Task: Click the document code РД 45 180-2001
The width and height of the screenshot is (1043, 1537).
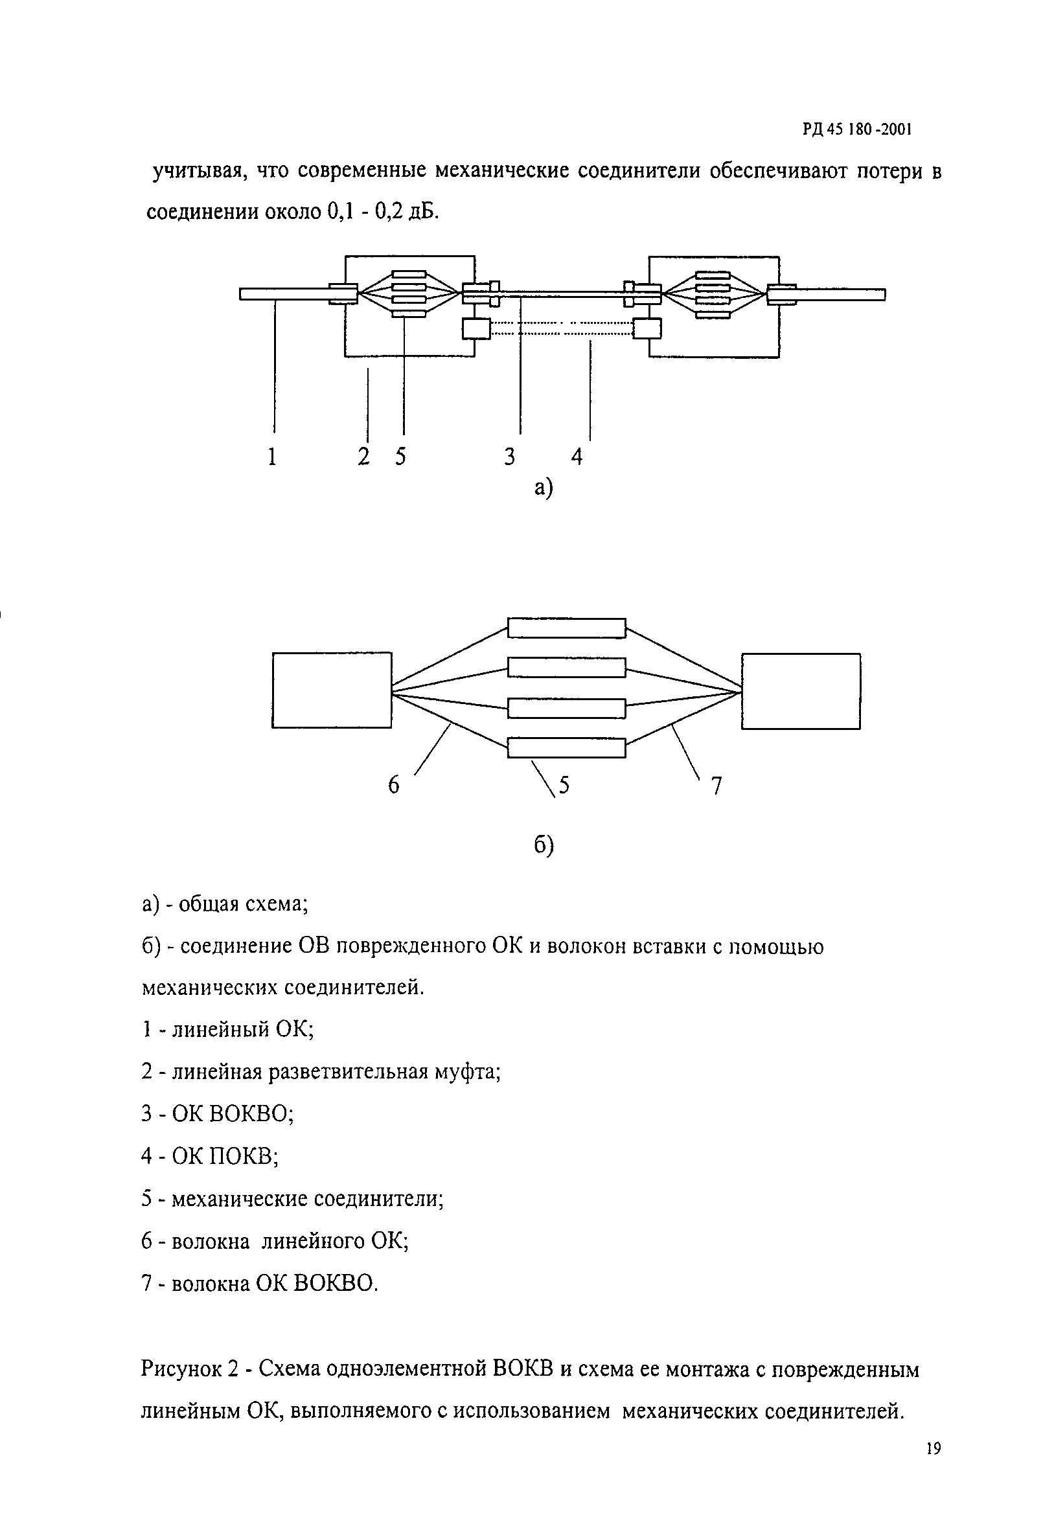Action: [x=857, y=130]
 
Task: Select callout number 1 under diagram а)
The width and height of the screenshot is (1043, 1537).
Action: [x=272, y=457]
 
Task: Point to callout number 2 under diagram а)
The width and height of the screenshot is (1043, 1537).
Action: [x=363, y=457]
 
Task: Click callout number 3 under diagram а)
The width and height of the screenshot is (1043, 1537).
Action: [x=509, y=457]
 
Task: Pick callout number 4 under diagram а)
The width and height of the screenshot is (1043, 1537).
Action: [x=577, y=457]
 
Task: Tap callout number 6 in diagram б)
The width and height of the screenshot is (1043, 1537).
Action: [x=393, y=785]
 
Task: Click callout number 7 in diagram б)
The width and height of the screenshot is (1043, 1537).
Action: [x=716, y=786]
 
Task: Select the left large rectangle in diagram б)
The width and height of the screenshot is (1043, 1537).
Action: [x=331, y=690]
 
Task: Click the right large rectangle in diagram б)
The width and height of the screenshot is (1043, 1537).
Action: [x=800, y=691]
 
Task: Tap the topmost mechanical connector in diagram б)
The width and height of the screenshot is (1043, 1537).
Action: [x=566, y=628]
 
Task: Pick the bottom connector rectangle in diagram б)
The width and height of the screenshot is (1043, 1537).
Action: [x=566, y=747]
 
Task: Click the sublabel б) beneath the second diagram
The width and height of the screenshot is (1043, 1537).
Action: [x=543, y=845]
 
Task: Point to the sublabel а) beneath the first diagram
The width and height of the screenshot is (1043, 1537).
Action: [x=542, y=488]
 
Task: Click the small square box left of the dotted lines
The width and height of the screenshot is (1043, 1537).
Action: [x=476, y=328]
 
